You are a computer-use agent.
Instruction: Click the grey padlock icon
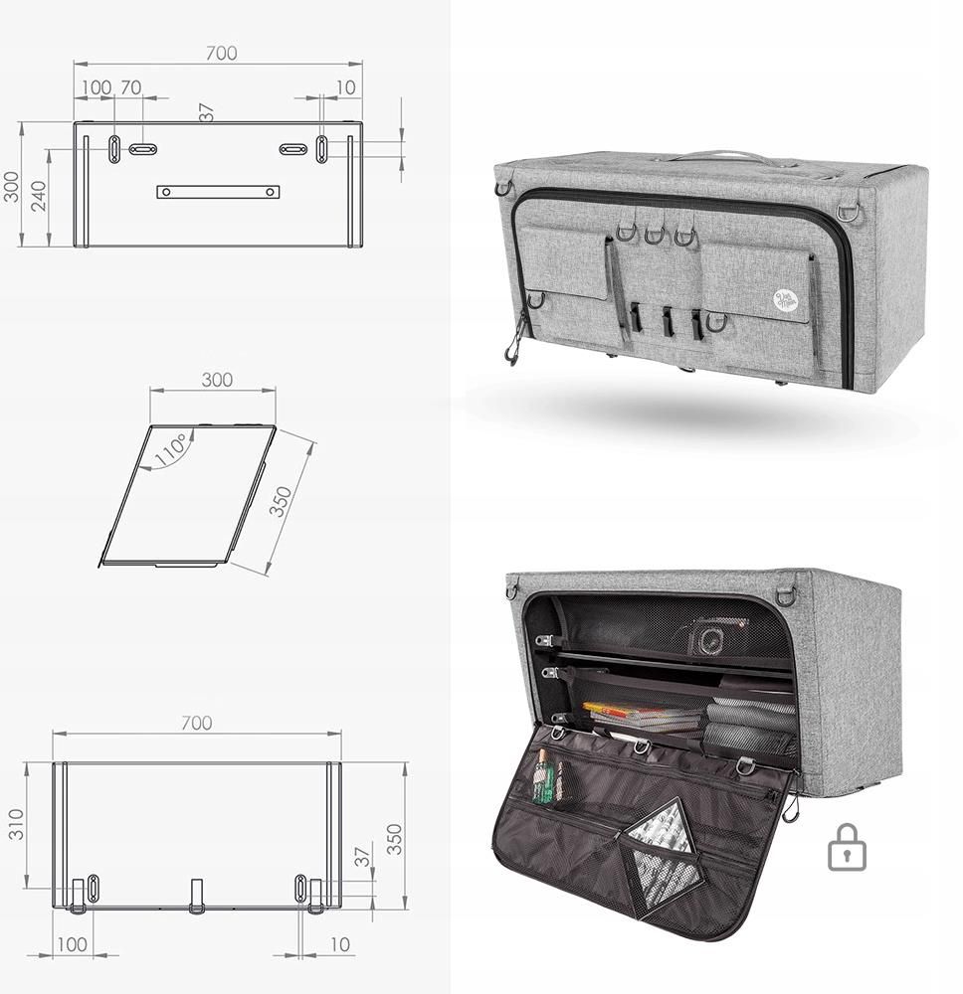click(847, 847)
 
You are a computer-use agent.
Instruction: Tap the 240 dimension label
click(39, 197)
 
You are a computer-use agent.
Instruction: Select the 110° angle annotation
click(169, 448)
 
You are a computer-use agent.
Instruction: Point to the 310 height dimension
click(17, 824)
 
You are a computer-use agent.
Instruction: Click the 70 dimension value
click(130, 87)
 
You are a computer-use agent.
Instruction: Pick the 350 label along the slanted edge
click(282, 502)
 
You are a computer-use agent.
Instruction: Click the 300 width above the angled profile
click(217, 380)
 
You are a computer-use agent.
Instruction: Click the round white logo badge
click(785, 298)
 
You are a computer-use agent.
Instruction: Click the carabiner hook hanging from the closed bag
click(514, 344)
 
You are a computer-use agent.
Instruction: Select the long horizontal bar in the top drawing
click(218, 192)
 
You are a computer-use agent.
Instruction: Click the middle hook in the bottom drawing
click(197, 895)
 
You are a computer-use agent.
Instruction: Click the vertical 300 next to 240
click(11, 186)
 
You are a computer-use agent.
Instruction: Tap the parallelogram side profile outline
click(189, 495)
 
